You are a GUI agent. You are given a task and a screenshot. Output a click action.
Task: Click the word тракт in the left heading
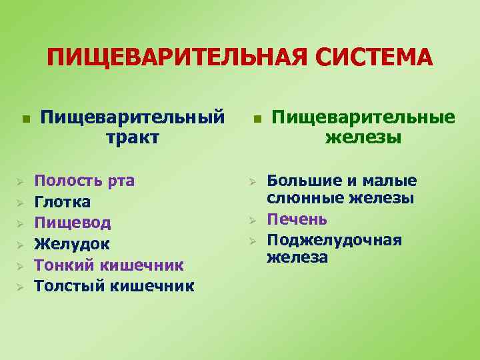coord(132,137)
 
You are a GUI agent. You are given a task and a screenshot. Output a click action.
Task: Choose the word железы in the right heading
coord(363,137)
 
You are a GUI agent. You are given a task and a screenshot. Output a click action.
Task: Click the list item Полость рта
coord(85,180)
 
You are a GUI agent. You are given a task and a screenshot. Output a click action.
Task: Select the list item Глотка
coord(63,201)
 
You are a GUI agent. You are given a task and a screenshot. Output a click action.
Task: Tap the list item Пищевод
coord(73,223)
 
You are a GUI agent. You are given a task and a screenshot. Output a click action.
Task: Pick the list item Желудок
coord(72,243)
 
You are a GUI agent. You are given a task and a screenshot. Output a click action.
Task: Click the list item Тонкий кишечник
coord(109,265)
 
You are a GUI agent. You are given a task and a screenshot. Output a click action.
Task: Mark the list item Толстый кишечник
coord(114,286)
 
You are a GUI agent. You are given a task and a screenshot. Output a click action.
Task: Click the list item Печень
coord(297,219)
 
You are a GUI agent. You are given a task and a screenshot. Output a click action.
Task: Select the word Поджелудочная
coord(335,239)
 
